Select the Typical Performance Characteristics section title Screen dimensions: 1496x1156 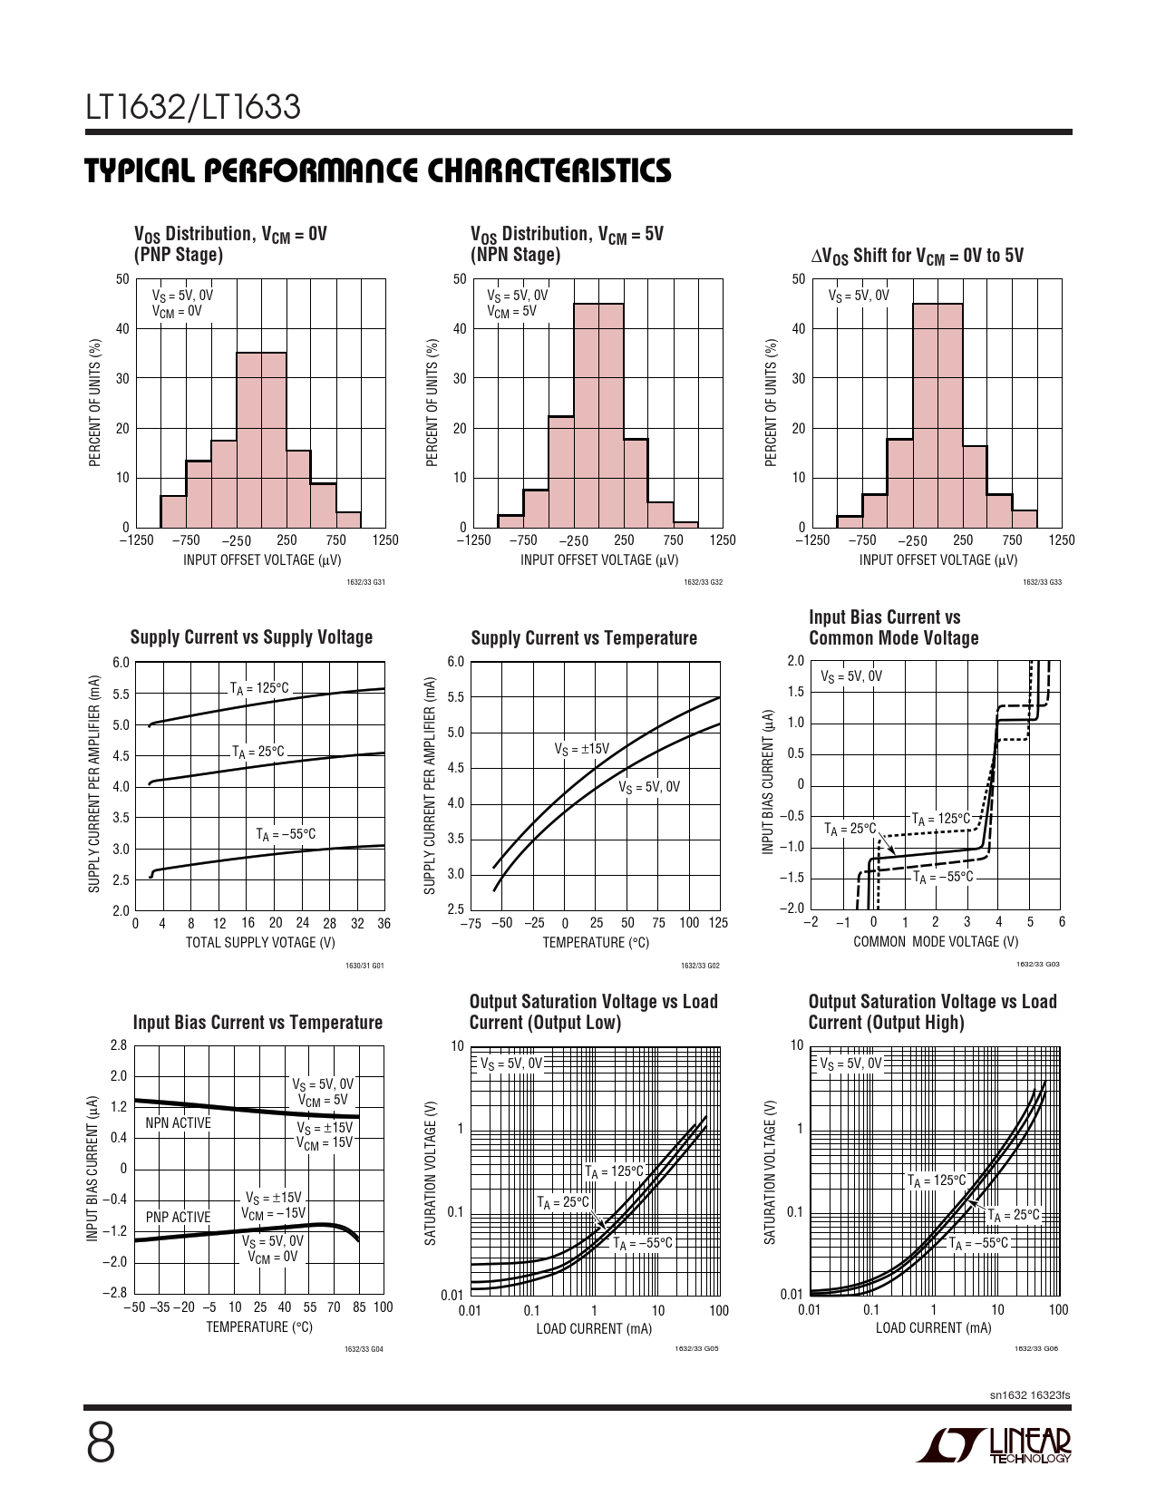point(378,170)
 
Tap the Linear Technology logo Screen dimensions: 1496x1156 point(994,1447)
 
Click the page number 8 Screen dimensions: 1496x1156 point(101,1443)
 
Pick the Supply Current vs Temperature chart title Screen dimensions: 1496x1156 point(584,638)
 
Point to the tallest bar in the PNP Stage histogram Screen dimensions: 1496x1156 point(261,440)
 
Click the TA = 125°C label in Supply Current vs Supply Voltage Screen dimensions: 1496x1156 point(259,688)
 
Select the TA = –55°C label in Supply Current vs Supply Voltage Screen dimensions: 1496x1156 point(286,834)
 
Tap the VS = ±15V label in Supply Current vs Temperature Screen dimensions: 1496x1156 point(582,749)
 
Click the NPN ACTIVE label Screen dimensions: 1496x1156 point(178,1123)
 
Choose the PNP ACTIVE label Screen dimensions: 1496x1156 point(178,1217)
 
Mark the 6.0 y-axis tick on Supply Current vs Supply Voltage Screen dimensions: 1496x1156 point(121,662)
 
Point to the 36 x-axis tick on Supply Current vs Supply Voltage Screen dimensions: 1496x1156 point(384,924)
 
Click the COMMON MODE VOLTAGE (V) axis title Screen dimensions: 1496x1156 point(936,942)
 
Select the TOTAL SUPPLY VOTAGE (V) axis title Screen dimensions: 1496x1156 point(260,943)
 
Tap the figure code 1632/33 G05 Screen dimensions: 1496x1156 point(696,1349)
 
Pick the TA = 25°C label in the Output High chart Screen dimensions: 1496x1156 point(1014,1215)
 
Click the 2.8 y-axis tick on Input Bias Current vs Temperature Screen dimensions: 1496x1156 point(119,1045)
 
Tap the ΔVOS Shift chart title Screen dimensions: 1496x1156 point(917,256)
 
